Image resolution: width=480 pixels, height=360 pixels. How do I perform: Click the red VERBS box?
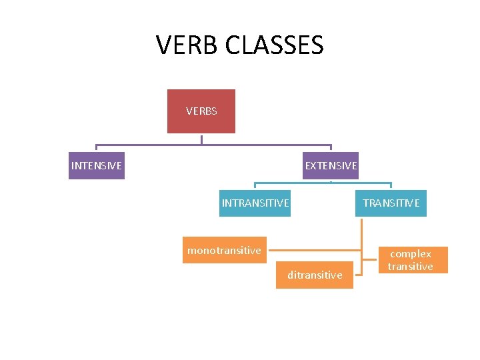pos(201,111)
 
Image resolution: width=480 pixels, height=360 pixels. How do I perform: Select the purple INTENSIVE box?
pos(97,165)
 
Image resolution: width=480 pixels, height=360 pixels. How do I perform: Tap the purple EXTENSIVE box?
pos(331,165)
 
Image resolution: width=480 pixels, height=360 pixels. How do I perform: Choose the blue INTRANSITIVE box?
pos(255,203)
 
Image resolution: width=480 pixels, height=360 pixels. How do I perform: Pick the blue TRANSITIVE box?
pos(391,203)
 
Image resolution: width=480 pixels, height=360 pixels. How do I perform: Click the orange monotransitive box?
pos(225,250)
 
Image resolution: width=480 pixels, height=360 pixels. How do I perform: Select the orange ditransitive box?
pos(315,275)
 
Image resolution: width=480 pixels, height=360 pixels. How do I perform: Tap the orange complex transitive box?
pos(411,260)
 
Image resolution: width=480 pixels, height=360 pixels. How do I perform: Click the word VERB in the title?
pos(187,45)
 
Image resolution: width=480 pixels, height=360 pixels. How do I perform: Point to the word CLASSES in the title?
pos(275,45)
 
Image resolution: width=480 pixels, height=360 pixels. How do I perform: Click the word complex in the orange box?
pos(411,254)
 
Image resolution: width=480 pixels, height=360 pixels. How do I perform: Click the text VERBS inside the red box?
pos(201,111)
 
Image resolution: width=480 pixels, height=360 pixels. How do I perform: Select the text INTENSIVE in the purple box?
pos(97,165)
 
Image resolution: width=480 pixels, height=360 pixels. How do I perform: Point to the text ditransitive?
pos(315,275)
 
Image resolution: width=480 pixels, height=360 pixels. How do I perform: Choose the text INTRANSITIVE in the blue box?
pos(255,203)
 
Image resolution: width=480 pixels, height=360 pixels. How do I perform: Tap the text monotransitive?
pos(225,250)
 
